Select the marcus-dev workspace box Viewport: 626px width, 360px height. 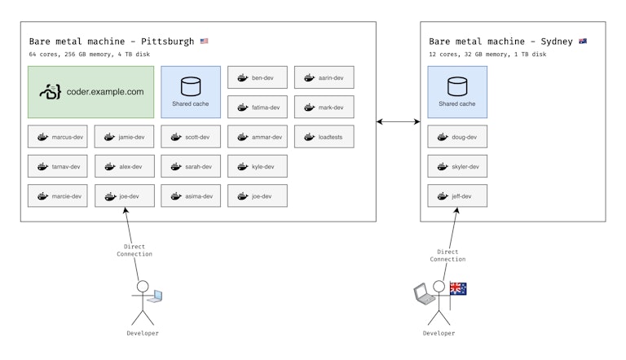pos(57,137)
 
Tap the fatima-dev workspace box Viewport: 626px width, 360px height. pos(258,108)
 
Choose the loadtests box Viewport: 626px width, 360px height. pos(324,137)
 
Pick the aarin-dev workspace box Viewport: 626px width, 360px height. pos(324,78)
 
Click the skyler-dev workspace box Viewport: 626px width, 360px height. pos(458,166)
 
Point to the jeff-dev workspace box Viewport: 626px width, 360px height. pos(458,195)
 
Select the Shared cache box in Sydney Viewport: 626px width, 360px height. pos(457,92)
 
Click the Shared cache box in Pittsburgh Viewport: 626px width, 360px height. pos(191,92)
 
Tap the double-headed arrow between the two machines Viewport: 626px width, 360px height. pos(398,122)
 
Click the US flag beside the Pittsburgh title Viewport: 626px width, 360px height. pos(204,41)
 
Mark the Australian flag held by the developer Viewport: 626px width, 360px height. pos(458,288)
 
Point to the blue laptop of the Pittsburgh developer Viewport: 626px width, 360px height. pos(155,296)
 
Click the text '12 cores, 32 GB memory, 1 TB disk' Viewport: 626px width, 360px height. pos(487,55)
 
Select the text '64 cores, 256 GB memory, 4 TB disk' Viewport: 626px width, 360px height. pos(90,55)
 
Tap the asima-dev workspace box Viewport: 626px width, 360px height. pos(191,195)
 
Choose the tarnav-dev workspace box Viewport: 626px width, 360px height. pos(57,166)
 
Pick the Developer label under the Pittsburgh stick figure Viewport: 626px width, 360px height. pos(143,333)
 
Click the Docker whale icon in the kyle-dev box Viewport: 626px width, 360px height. pos(242,166)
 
